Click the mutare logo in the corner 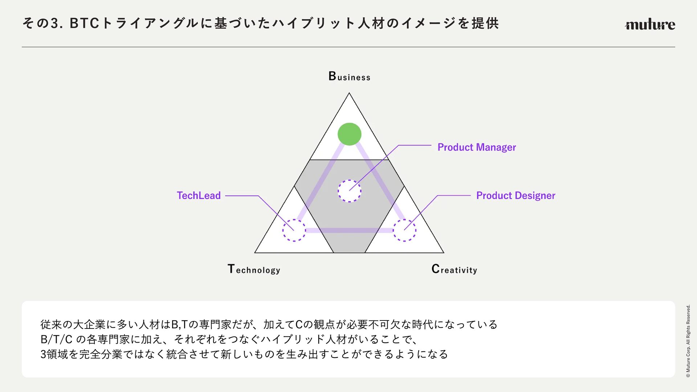650,25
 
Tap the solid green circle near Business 349,134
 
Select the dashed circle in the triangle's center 349,191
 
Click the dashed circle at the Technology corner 294,230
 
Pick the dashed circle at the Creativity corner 404,230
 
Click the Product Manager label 476,147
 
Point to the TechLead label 199,195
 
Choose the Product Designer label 515,195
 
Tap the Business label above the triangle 349,76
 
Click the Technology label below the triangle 254,269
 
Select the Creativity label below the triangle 454,269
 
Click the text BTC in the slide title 84,24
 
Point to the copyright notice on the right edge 688,341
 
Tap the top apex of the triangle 349,94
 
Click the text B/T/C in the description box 56,339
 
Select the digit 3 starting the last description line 43,354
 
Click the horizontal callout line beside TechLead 241,196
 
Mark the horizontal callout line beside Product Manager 415,145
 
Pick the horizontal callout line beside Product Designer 454,195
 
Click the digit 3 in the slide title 54,24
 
